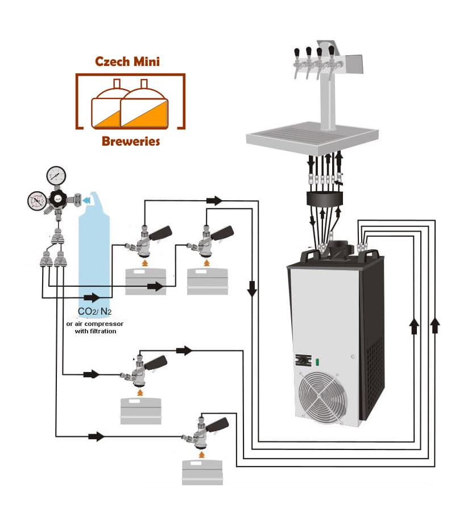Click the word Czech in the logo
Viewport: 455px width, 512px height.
point(113,61)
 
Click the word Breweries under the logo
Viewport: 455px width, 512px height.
point(131,141)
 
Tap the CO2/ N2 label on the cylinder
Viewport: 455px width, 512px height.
point(94,312)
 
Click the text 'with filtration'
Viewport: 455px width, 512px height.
point(96,331)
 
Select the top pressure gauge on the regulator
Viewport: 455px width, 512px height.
point(56,175)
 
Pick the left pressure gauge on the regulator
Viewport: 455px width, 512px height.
point(37,200)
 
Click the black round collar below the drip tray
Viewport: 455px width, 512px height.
point(325,200)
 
